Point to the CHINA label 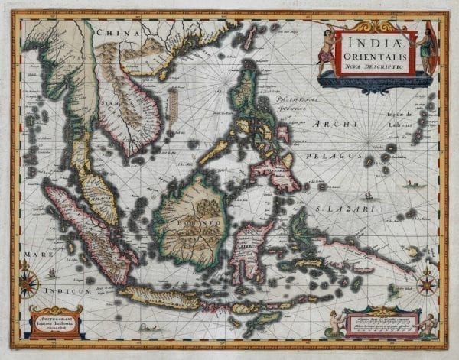click(122, 34)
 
